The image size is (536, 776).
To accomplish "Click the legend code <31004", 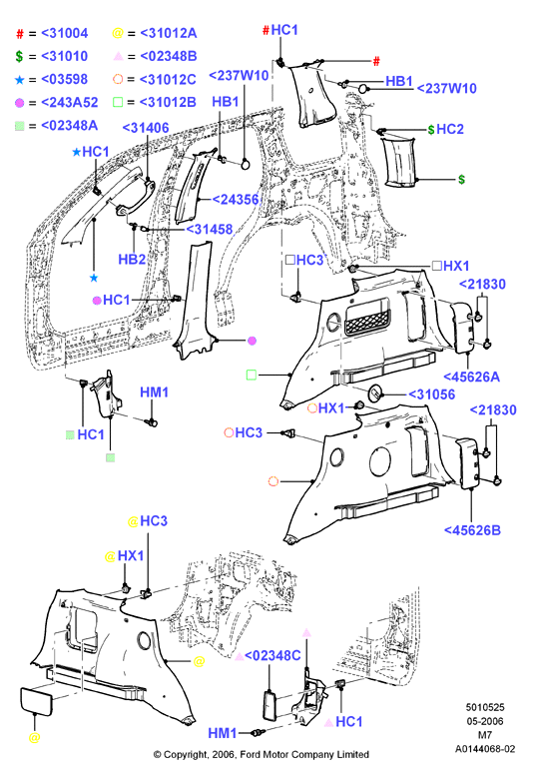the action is pos(64,33).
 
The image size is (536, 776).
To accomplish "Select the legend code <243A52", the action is pos(69,103).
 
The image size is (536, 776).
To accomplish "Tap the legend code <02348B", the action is pos(168,56).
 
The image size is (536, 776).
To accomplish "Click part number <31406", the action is pos(146,128).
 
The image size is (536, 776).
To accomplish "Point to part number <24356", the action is pos(236,200).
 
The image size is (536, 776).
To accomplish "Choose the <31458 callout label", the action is pos(209,229).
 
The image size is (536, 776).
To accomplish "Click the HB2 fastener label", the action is pos(132,260).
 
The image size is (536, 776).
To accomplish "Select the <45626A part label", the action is pos(471,378).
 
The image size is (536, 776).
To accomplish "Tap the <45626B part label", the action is pos(472,530).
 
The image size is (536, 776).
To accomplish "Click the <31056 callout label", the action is pos(431,394).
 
